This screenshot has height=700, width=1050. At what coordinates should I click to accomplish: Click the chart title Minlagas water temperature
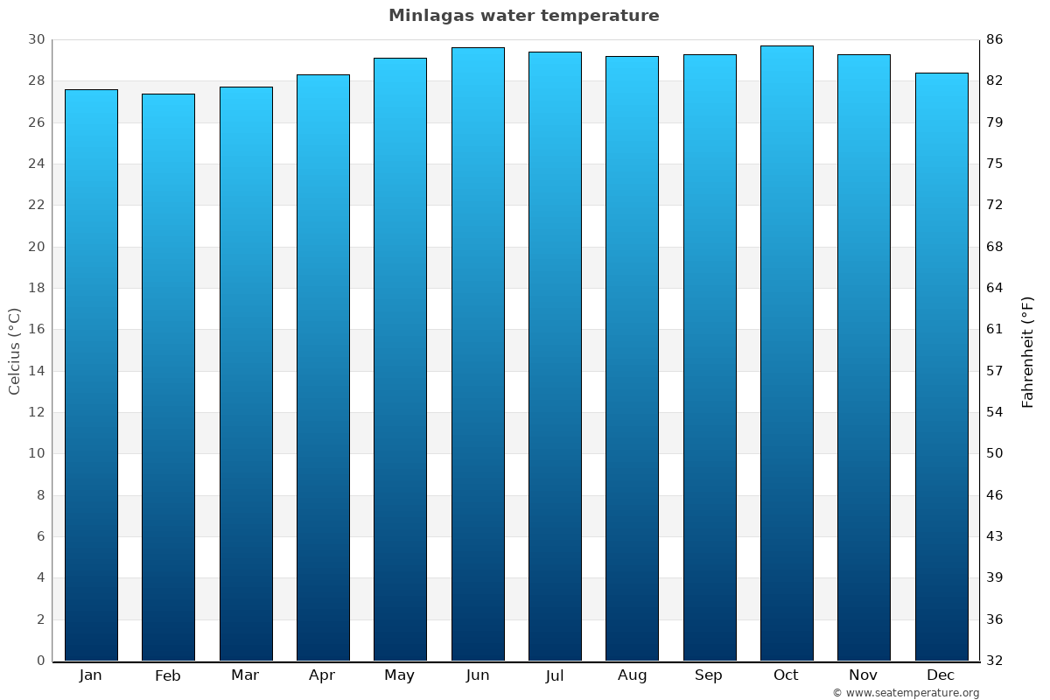(x=524, y=16)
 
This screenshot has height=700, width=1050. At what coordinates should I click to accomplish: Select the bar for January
(x=91, y=376)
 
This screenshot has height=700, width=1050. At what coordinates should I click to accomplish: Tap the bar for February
(x=168, y=378)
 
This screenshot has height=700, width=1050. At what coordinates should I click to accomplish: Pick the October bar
(x=787, y=353)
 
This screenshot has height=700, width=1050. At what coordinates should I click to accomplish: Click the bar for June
(x=478, y=354)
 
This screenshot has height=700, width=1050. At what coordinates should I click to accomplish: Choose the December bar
(x=941, y=367)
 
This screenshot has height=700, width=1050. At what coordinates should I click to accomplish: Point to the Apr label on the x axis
(x=322, y=675)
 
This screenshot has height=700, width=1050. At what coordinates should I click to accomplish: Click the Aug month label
(x=632, y=675)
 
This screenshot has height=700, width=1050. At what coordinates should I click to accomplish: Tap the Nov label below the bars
(x=864, y=675)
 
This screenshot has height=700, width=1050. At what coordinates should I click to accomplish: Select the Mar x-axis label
(x=245, y=675)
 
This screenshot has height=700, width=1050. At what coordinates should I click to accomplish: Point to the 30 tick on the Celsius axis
(x=36, y=39)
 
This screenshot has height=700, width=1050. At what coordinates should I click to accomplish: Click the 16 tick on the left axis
(x=36, y=330)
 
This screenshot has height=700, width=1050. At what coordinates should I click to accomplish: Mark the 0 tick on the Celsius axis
(x=40, y=661)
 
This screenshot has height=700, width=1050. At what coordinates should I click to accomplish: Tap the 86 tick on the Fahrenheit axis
(x=995, y=39)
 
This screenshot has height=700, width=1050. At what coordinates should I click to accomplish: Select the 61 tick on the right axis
(x=995, y=330)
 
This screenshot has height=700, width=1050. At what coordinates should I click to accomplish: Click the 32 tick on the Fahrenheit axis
(x=995, y=661)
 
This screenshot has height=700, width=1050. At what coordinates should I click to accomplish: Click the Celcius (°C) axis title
(x=15, y=351)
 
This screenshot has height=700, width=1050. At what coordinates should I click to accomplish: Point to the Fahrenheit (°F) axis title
(x=1028, y=351)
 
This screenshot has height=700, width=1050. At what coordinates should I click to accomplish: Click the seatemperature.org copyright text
(x=906, y=693)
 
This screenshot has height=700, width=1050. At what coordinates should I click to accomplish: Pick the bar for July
(x=555, y=357)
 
